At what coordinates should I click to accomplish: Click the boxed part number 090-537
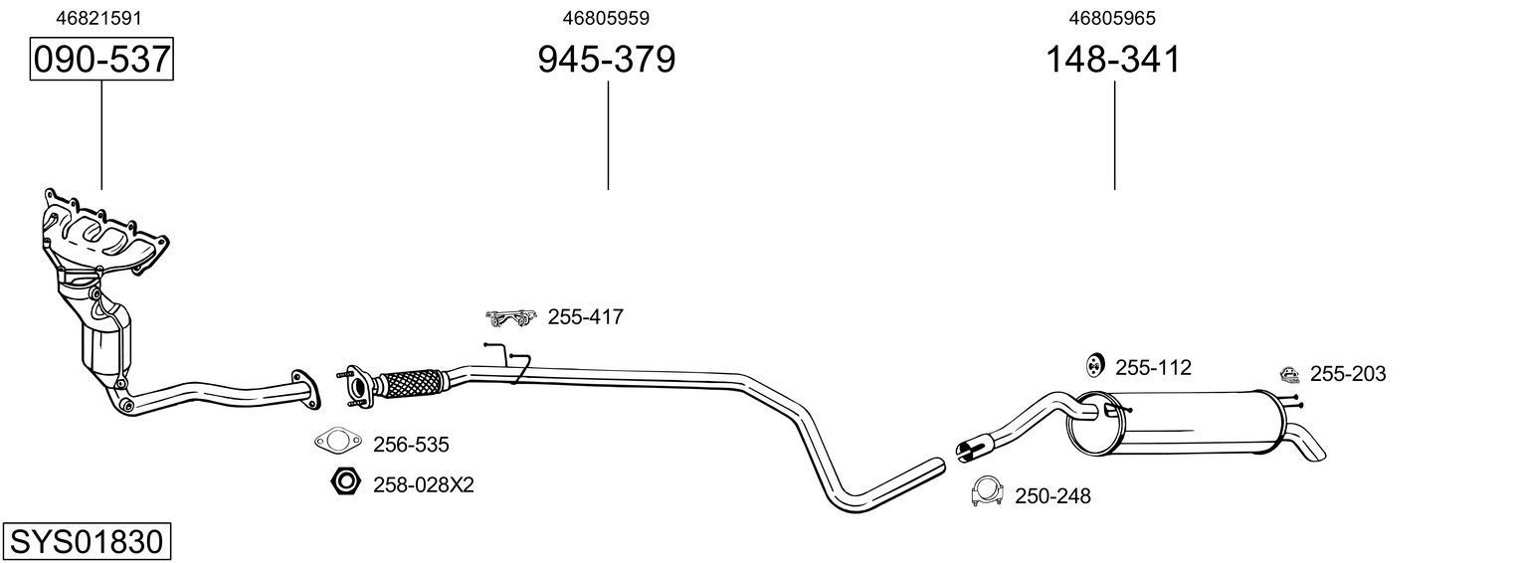click(101, 60)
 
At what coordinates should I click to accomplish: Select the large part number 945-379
click(606, 60)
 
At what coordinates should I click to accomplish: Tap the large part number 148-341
click(1112, 60)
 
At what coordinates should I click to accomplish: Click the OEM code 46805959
click(606, 17)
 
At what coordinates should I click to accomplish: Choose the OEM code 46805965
click(1112, 17)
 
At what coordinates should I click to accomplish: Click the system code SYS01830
click(86, 542)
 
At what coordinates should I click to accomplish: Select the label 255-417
click(585, 317)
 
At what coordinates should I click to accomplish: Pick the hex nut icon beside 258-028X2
click(343, 483)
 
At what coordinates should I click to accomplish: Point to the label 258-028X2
click(423, 485)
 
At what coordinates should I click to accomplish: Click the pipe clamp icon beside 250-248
click(986, 491)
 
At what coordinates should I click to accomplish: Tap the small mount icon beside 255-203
click(1288, 374)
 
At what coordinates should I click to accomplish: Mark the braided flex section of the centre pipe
click(412, 382)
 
